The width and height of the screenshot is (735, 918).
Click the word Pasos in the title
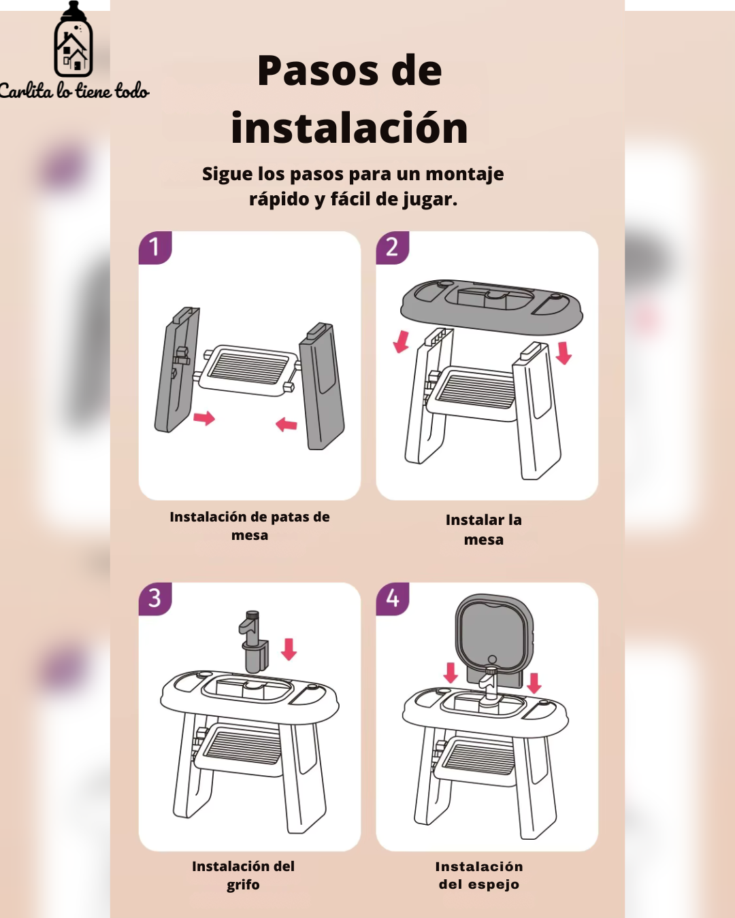318,71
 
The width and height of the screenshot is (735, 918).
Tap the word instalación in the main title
349,128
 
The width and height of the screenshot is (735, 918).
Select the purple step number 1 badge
155,248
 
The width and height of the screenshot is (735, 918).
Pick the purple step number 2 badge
393,248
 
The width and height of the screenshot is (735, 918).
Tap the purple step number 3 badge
155,599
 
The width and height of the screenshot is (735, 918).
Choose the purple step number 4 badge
393,599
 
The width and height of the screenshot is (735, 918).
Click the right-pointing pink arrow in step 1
204,418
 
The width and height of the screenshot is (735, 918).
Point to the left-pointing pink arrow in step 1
286,424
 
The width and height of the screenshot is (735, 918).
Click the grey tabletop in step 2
492,306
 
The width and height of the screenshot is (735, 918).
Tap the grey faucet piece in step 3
254,642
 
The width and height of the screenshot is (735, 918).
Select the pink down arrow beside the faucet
289,649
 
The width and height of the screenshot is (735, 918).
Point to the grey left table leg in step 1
176,369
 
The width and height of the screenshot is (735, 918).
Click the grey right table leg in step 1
322,386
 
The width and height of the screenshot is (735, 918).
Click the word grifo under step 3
243,885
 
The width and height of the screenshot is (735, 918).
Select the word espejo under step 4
493,885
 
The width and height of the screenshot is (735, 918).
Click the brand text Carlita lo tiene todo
74,91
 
